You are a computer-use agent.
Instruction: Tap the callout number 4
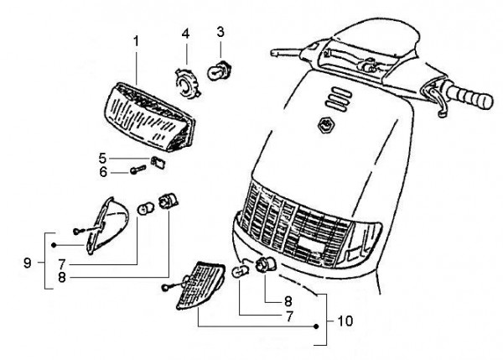tap(186, 34)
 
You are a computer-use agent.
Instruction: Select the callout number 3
tap(220, 32)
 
